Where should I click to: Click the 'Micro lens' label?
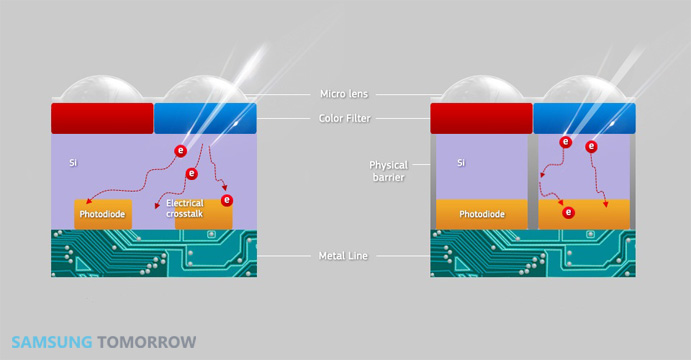[344, 94]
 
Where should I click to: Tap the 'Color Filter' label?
[345, 118]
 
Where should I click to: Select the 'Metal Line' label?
[343, 256]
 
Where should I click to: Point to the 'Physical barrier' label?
[389, 171]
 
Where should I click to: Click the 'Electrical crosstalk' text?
[185, 208]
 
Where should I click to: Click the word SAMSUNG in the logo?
[52, 342]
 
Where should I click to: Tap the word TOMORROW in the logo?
[147, 342]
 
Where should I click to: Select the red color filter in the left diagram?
[102, 118]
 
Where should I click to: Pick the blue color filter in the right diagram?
[584, 118]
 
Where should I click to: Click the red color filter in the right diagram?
[481, 118]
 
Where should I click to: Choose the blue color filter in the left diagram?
[205, 118]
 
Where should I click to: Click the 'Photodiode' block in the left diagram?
[103, 215]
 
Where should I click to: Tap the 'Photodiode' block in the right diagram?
[482, 214]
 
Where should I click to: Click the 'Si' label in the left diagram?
[73, 163]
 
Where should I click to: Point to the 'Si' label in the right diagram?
[461, 163]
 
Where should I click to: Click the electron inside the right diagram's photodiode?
[568, 213]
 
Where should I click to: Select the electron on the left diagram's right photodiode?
[227, 200]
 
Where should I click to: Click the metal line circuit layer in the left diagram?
[154, 253]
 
